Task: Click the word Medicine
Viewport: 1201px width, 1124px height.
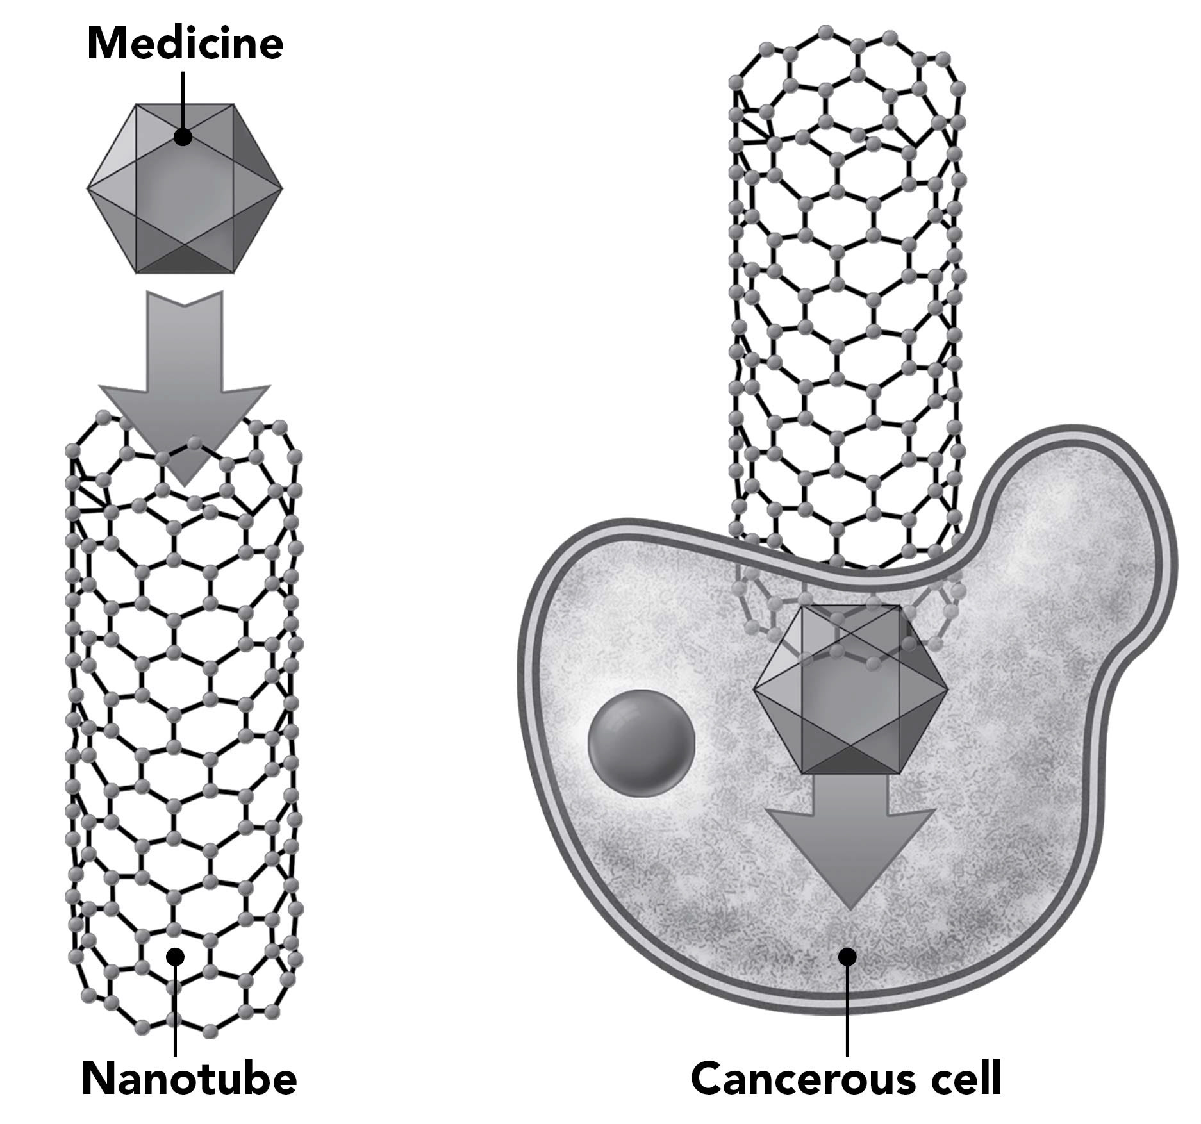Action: coord(185,44)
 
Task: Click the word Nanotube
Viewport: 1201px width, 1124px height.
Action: coord(190,1079)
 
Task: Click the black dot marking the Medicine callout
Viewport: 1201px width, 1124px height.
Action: coord(183,136)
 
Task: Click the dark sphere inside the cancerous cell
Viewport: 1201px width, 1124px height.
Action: coord(641,743)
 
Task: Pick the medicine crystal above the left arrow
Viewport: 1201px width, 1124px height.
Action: coord(185,189)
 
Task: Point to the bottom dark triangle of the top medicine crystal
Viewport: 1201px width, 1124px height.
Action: coord(185,260)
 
